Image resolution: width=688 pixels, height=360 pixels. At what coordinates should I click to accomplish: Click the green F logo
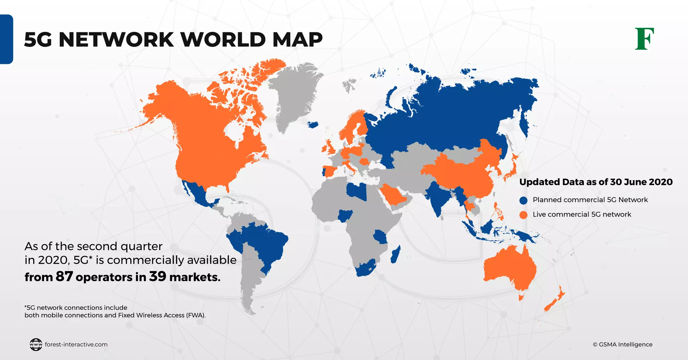coord(644,39)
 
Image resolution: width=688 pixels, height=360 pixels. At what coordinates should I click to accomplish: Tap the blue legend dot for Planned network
coord(523,200)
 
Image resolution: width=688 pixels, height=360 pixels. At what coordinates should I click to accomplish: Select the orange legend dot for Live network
coord(523,215)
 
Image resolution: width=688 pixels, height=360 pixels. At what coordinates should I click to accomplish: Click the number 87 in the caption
coord(64,276)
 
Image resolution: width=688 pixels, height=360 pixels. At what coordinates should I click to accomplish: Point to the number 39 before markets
coord(158,276)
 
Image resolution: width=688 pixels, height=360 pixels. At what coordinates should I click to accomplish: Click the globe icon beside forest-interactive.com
coord(36,345)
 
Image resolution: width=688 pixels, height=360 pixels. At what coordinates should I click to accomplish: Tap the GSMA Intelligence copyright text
coord(622,345)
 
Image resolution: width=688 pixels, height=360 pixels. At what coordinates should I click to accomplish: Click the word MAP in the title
coord(297,40)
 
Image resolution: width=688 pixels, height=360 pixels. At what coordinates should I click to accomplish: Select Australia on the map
coord(509,269)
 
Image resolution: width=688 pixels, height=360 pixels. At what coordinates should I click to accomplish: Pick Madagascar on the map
coord(395,255)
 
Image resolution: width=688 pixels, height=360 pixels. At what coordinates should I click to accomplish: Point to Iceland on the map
coord(313,125)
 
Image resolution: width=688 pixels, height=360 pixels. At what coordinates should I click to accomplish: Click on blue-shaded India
coord(437,198)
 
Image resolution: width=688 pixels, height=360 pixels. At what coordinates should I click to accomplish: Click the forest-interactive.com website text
coord(76,345)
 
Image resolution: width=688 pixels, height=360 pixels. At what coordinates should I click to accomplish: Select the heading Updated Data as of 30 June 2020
coord(596,182)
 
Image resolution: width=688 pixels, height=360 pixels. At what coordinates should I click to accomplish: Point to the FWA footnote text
coord(115,315)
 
